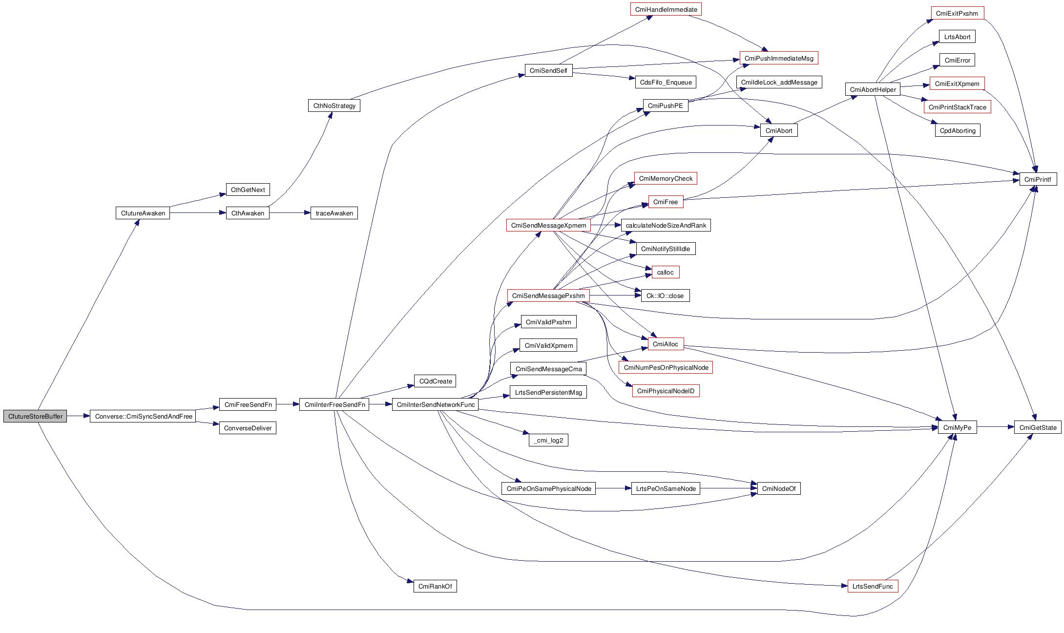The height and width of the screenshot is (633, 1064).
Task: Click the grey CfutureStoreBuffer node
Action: click(x=35, y=416)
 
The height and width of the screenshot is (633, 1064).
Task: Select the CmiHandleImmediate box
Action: click(x=666, y=9)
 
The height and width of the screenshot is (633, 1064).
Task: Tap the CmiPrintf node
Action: click(x=1038, y=179)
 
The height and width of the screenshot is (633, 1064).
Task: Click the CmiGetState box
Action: click(x=1038, y=427)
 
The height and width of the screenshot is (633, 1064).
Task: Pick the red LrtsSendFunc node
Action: click(x=872, y=586)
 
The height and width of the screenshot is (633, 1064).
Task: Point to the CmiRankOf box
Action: click(x=435, y=586)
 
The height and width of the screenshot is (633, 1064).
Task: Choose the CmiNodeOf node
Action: click(x=778, y=488)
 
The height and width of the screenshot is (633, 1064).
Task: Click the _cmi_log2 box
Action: click(x=548, y=440)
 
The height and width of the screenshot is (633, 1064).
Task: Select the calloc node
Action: click(x=665, y=272)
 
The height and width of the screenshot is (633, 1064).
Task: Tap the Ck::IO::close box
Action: click(x=665, y=295)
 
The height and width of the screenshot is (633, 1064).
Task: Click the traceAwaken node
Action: click(x=334, y=213)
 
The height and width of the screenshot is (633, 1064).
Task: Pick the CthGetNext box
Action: click(x=248, y=190)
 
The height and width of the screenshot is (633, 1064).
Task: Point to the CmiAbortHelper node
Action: click(x=873, y=89)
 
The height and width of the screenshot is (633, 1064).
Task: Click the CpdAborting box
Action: click(x=957, y=130)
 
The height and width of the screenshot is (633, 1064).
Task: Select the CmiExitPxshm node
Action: click(x=957, y=13)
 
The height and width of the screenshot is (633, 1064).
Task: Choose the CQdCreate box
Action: click(x=436, y=381)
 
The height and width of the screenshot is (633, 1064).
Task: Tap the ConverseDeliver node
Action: click(x=248, y=428)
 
